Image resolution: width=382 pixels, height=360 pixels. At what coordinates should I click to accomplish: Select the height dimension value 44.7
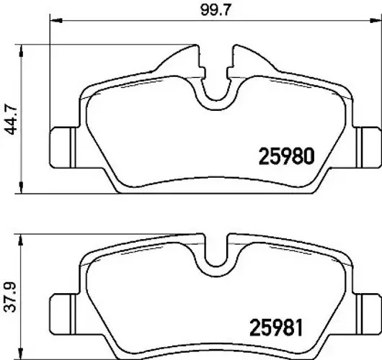9,114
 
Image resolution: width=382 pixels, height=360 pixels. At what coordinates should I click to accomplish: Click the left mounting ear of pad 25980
61,144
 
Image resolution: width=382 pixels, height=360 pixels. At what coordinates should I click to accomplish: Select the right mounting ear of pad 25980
368,144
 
